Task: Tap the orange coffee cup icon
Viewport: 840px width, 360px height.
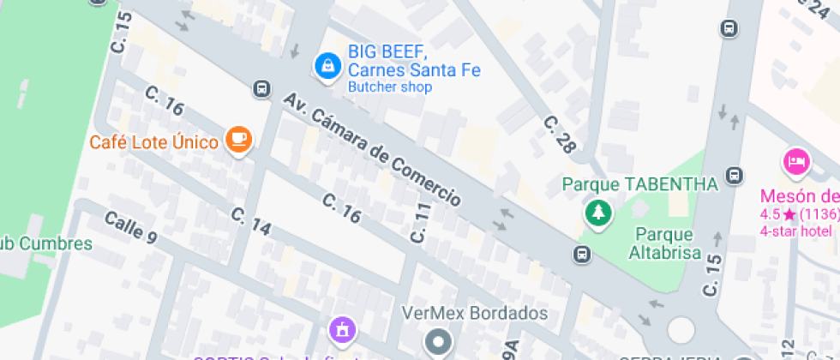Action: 238,140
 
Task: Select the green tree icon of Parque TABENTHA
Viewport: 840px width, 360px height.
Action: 597,213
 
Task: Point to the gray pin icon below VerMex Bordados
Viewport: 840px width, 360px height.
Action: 440,341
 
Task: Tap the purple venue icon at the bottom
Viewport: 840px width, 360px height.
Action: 341,329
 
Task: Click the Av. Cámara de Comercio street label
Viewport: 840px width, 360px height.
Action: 373,149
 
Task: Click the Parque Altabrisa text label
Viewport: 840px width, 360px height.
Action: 664,243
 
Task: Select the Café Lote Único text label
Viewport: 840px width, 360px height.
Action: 153,141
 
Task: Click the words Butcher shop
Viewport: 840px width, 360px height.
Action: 389,87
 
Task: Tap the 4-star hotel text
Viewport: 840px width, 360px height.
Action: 796,231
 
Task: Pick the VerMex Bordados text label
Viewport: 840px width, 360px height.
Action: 475,313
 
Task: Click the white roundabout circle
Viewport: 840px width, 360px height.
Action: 681,329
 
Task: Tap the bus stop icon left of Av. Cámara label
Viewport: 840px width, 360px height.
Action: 261,88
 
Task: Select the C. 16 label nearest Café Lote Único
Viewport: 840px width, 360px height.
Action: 165,101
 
